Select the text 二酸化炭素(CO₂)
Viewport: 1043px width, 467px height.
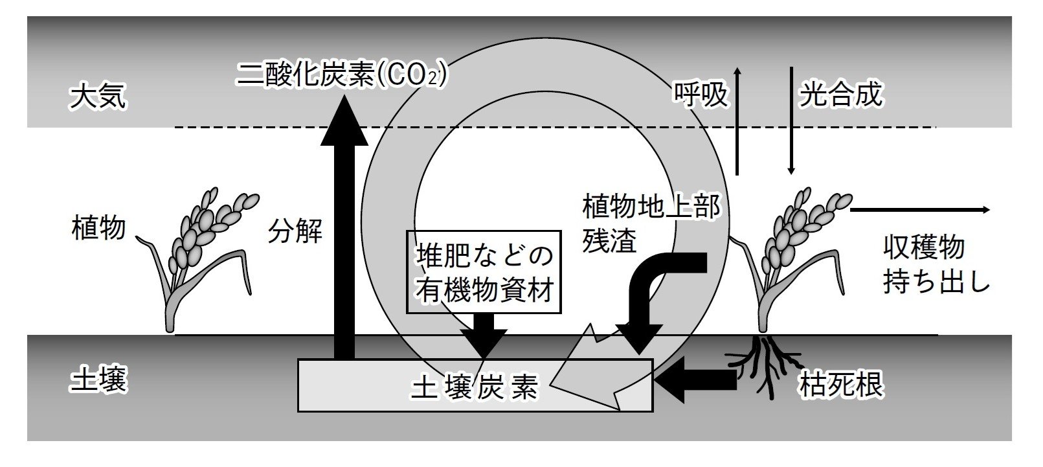tap(342, 75)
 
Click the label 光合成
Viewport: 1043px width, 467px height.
tap(840, 95)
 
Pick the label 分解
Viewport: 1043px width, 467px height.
tap(295, 230)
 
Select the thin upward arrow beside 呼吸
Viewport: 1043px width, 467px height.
tap(737, 120)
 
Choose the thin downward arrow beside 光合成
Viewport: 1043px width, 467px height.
tap(791, 120)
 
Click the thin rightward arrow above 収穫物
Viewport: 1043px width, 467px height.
tap(919, 210)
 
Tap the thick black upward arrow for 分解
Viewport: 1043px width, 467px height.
tap(344, 233)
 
